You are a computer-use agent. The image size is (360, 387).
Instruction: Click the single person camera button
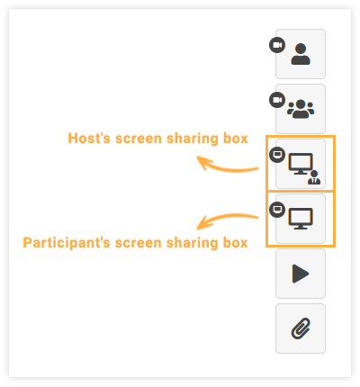coord(301,54)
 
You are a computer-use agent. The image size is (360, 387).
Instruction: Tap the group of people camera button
coord(301,109)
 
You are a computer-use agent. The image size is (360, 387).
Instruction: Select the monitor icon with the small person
coord(301,164)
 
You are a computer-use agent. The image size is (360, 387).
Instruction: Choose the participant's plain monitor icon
coord(301,219)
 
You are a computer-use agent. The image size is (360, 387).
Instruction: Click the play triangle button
coord(301,274)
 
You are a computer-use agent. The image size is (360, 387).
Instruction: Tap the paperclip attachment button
coord(301,328)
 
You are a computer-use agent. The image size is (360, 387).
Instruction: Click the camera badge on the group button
coord(277,99)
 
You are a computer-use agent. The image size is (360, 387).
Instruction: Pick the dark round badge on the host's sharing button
coord(277,154)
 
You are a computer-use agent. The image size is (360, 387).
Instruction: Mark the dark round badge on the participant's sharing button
coord(277,209)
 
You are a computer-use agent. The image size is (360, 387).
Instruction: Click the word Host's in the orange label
coord(88,139)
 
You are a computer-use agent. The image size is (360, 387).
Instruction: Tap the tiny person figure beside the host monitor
coord(313,176)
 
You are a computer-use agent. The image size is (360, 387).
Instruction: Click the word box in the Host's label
coord(233,139)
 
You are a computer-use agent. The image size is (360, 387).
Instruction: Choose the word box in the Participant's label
coord(234,243)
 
